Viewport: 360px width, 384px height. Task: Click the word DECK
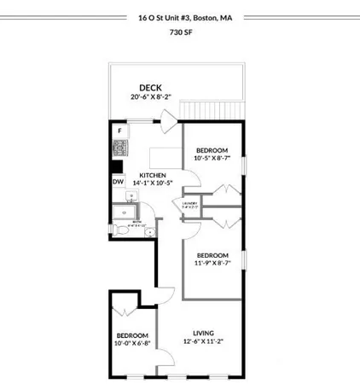[151, 87]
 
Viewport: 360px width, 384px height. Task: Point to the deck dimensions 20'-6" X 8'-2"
[151, 97]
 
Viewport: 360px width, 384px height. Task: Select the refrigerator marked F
[119, 131]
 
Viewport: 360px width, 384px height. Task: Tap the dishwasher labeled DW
[119, 181]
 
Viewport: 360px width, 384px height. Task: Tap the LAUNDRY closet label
[189, 202]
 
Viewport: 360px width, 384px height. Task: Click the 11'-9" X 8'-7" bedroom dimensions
[212, 263]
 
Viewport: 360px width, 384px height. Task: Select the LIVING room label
[203, 333]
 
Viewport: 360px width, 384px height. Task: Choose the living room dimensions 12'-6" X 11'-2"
[203, 343]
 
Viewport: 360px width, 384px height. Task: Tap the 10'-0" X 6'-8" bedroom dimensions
[132, 344]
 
